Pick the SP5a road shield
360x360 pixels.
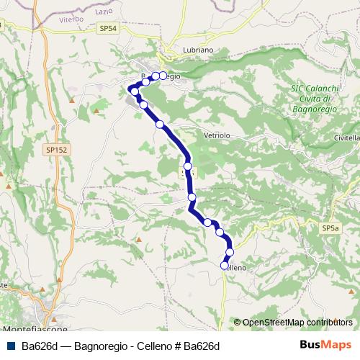[x=330, y=228]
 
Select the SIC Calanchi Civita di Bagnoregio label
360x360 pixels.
[x=310, y=98]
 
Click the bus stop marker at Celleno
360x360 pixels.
[x=224, y=266]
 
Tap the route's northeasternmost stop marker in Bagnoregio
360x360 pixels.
[x=163, y=76]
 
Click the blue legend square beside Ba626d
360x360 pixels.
[x=11, y=346]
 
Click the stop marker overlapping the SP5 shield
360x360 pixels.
[x=188, y=166]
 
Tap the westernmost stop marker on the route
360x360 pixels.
[x=135, y=91]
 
